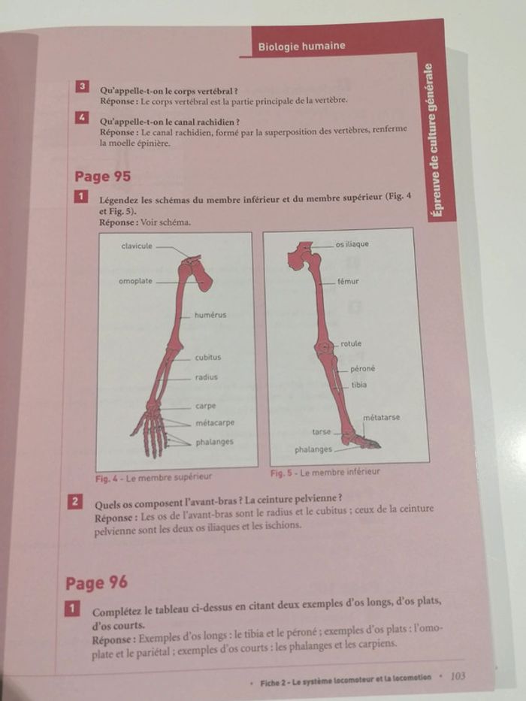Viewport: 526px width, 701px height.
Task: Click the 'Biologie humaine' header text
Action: [301, 46]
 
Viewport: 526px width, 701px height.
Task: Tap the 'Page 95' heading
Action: [102, 176]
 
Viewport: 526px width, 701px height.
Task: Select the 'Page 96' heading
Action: [96, 583]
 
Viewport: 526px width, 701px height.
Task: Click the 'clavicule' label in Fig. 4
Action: [137, 246]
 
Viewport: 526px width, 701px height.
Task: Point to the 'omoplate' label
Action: [135, 281]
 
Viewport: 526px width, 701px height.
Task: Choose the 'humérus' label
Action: [210, 315]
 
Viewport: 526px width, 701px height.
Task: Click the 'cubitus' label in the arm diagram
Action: [208, 357]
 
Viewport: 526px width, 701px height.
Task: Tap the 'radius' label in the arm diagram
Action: [206, 377]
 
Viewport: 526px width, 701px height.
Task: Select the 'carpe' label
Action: [205, 406]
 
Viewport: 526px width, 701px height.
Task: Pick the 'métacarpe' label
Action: [215, 423]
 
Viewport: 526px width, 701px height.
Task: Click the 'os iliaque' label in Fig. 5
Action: [352, 244]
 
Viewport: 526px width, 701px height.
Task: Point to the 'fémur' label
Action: [348, 282]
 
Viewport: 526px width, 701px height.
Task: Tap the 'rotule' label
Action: [351, 344]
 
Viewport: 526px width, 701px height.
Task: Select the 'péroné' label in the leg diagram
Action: [363, 369]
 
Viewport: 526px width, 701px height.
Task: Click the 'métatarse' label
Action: [382, 418]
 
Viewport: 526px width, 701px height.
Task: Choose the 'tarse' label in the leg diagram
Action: [322, 432]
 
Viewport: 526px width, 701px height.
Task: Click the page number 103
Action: [458, 675]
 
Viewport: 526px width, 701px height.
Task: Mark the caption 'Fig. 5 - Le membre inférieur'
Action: [325, 473]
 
